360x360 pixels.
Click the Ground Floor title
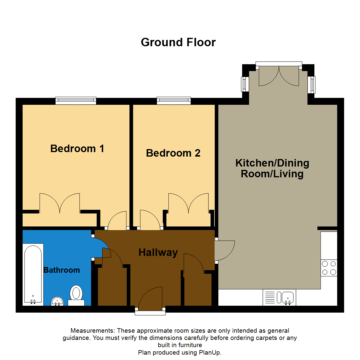(x=178, y=43)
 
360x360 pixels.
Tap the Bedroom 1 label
(x=77, y=148)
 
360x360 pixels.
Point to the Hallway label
(x=158, y=253)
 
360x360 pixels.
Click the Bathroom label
(x=62, y=270)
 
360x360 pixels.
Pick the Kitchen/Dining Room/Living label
(x=272, y=169)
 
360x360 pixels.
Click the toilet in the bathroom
(x=77, y=294)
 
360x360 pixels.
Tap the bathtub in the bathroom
(x=33, y=274)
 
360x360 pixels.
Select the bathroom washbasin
(x=58, y=302)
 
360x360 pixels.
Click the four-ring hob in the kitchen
(x=329, y=268)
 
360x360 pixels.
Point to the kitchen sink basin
(x=287, y=297)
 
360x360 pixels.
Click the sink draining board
(x=270, y=297)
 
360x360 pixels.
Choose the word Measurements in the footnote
(x=92, y=331)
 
